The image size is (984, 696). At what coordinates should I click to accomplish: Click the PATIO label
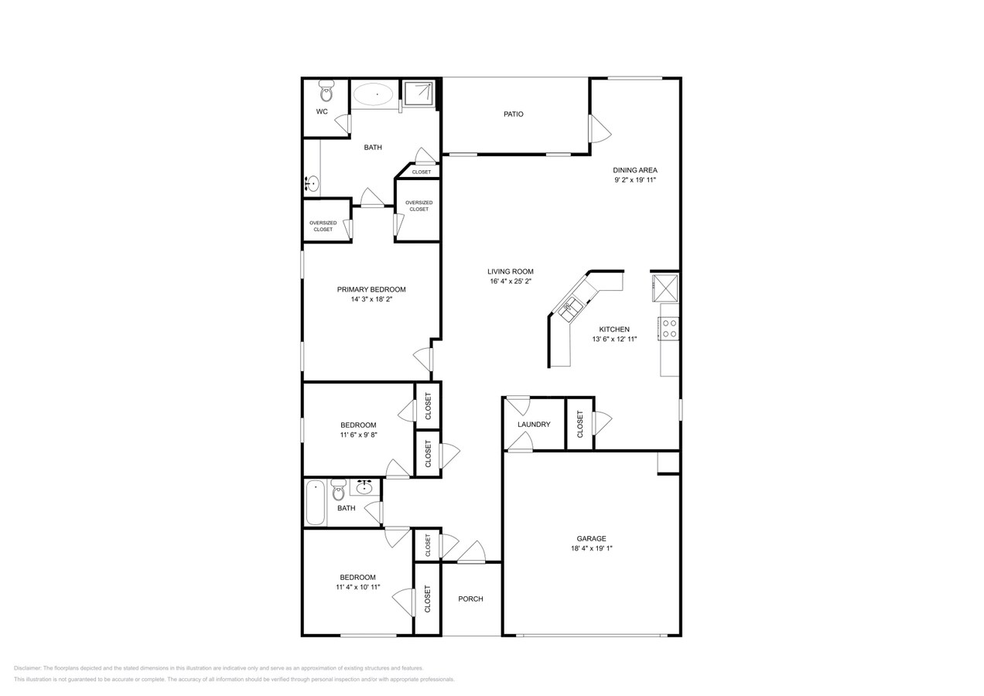click(x=513, y=114)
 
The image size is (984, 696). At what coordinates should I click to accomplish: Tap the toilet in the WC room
click(x=326, y=91)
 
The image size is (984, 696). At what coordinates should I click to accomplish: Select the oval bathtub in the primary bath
click(x=374, y=94)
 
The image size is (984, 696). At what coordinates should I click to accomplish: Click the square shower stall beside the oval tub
click(x=419, y=93)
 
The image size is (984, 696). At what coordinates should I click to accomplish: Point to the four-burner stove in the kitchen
click(x=669, y=329)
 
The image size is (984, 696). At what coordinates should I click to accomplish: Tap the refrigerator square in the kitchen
click(x=665, y=288)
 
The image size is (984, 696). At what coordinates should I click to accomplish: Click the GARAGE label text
click(x=591, y=538)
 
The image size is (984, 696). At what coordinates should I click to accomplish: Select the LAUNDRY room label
click(x=534, y=425)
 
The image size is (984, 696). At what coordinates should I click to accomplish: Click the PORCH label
click(x=470, y=599)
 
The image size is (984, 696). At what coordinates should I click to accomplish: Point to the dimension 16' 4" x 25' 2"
click(x=511, y=281)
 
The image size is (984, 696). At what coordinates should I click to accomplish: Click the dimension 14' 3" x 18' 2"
click(x=371, y=299)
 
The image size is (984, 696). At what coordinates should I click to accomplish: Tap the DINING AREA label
click(x=635, y=170)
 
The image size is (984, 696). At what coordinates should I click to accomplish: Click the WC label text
click(x=322, y=111)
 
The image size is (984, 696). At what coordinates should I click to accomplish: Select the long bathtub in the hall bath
click(x=315, y=503)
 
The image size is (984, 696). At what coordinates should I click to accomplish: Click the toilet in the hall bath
click(x=338, y=490)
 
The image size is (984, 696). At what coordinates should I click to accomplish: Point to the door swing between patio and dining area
click(x=600, y=128)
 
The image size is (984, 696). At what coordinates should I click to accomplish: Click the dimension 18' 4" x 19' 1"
click(x=591, y=548)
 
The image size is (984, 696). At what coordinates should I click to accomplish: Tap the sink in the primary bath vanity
click(x=312, y=183)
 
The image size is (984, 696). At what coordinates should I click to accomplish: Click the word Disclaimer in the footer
click(x=27, y=668)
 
